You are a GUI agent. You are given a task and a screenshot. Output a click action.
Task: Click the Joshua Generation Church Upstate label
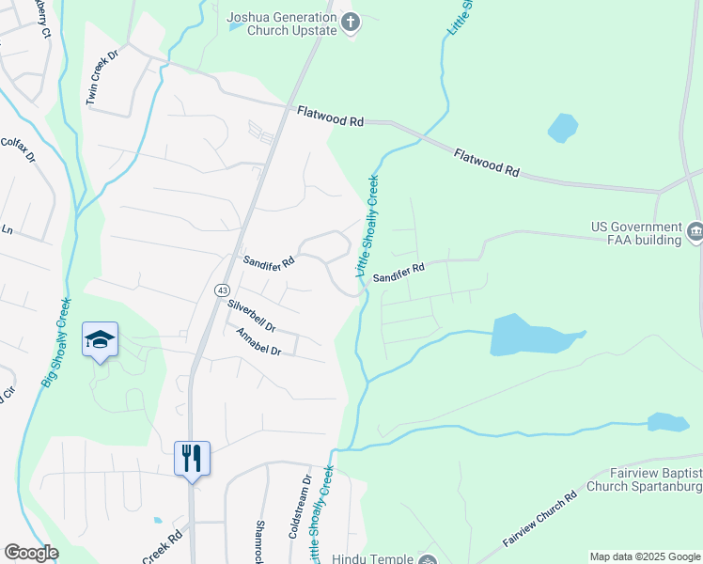[281, 23]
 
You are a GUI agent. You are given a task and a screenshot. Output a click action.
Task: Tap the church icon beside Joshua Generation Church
[351, 22]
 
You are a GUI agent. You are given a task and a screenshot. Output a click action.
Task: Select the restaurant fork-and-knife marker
[192, 459]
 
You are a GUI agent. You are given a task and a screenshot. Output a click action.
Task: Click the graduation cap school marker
[101, 339]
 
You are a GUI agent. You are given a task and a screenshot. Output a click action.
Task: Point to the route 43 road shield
[220, 290]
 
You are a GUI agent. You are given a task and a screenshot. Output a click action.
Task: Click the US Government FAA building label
[636, 233]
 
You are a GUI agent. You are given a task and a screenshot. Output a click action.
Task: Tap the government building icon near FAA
[695, 230]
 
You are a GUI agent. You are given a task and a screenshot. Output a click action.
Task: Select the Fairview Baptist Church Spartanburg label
[645, 480]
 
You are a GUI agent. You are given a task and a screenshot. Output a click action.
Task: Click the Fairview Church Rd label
[538, 521]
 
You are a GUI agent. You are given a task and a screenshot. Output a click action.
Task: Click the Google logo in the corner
[31, 553]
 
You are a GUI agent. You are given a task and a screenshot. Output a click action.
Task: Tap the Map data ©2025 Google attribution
[645, 556]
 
